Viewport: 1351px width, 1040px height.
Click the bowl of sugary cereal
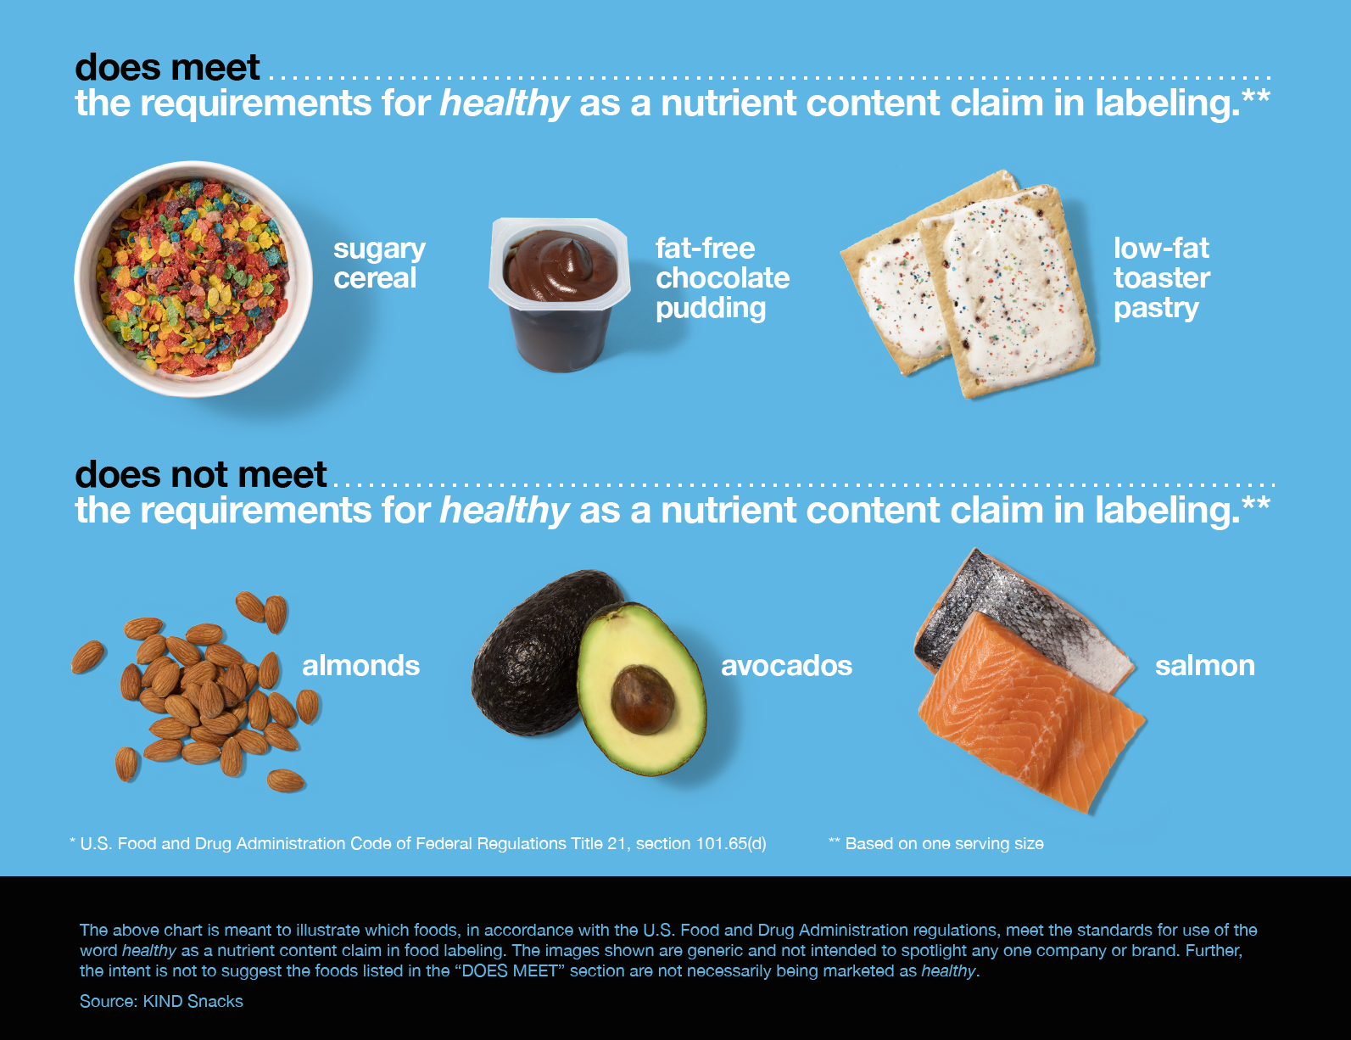click(x=193, y=279)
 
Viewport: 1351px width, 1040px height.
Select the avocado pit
click(x=642, y=699)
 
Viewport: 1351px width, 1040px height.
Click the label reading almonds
click(x=360, y=666)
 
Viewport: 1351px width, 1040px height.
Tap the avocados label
click(x=786, y=666)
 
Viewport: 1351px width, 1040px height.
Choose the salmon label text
click(x=1205, y=666)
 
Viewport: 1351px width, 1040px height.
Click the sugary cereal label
click(x=379, y=263)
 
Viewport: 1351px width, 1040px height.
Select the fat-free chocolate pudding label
click(x=723, y=279)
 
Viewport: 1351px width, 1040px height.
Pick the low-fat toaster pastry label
click(x=1161, y=279)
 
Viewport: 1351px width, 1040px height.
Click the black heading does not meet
click(x=200, y=474)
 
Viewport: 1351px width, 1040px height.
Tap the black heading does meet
click(x=166, y=67)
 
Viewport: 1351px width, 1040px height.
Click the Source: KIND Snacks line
click(x=161, y=1002)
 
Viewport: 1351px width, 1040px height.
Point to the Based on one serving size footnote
click(x=936, y=843)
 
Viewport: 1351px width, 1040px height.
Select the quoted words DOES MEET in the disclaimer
click(x=510, y=971)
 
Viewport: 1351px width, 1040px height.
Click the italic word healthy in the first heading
click(x=505, y=103)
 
